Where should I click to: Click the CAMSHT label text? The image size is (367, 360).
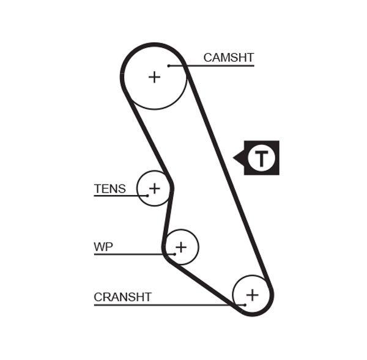[228, 57]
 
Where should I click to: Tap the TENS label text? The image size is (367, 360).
[109, 188]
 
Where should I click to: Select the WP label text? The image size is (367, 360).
[103, 247]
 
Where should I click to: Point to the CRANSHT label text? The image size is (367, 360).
[122, 297]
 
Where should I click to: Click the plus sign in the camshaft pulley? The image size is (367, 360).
[155, 76]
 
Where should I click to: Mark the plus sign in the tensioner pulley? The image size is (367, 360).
[155, 188]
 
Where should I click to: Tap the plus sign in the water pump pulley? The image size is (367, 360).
[180, 247]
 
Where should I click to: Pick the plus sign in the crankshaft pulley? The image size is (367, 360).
[252, 295]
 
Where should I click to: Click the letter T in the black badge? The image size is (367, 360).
[262, 158]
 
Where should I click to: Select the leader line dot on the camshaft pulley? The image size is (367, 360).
[168, 65]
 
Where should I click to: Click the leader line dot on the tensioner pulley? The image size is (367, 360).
[147, 196]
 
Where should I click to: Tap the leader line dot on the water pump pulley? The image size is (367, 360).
[174, 254]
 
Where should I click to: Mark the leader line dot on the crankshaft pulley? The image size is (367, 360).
[244, 304]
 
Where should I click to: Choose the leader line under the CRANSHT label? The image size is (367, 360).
[165, 304]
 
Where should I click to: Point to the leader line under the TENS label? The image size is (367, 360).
[119, 196]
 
